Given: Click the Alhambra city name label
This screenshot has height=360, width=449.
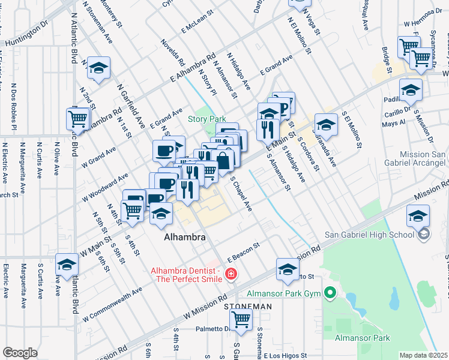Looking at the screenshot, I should coord(185,238).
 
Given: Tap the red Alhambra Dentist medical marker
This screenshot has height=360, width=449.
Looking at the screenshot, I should coord(230,275).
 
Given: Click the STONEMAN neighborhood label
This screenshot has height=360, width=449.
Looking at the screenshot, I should coord(248,306).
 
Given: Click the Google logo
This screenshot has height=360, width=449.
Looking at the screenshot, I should coord(20,352).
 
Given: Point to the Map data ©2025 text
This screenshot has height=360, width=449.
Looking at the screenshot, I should coord(423,355).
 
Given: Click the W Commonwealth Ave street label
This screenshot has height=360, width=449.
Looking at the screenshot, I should coord(112,304).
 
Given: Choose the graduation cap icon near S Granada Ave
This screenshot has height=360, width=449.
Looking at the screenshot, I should coord(325,125).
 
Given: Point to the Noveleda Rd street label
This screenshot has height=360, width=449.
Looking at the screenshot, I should coord(172,52).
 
